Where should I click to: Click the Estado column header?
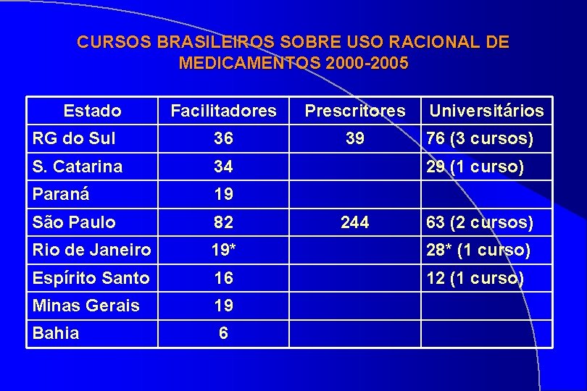coord(92,111)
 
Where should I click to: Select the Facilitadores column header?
coord(223,111)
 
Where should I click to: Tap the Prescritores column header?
coord(355,111)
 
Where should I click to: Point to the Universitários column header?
coord(486,111)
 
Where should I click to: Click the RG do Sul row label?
coord(74,138)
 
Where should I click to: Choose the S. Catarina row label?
coord(78,167)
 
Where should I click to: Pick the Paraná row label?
coord(62,194)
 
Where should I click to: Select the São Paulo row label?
coord(74,222)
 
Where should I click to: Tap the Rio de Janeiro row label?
coord(92,251)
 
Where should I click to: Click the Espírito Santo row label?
coord(91,278)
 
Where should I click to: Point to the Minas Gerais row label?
coord(86,306)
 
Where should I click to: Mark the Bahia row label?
coord(56,334)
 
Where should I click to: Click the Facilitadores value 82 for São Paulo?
coord(223,222)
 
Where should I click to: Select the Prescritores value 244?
coord(354,222)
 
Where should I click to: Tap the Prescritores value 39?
coord(354,138)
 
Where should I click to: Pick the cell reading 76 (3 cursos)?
coord(479,138)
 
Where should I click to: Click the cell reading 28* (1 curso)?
coord(478,251)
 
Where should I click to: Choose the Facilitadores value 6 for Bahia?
coord(223,334)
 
